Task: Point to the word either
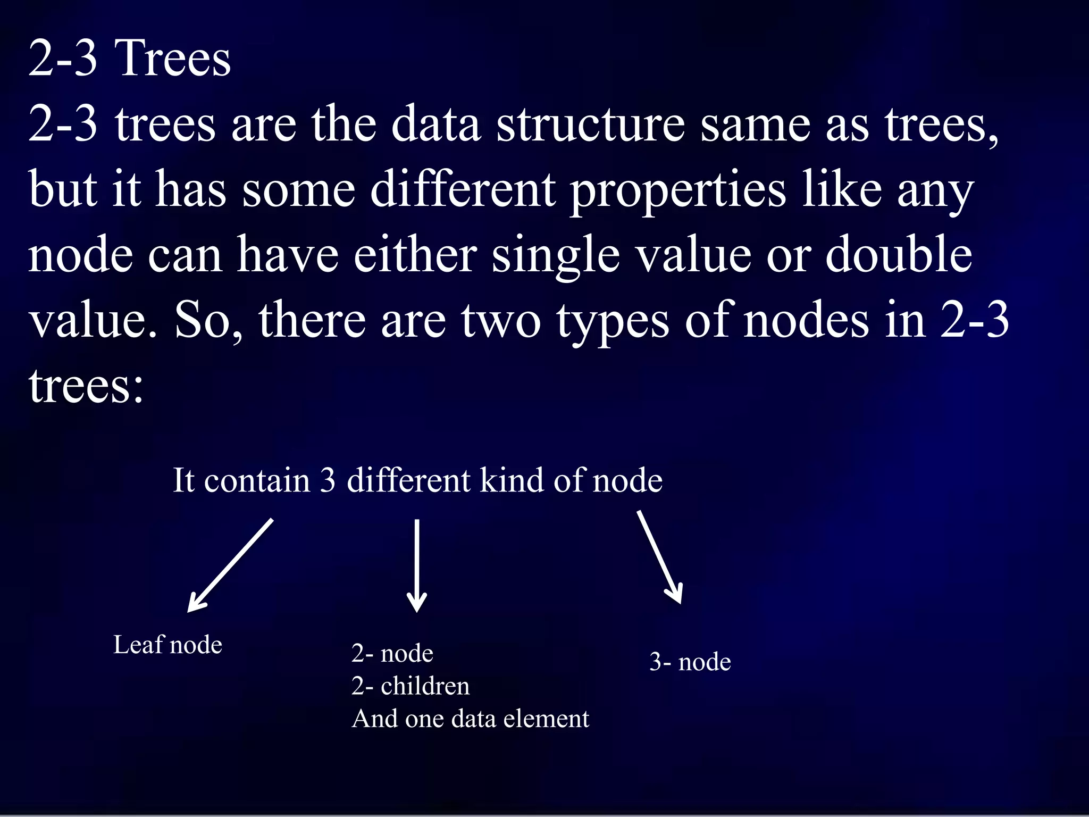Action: tap(415, 255)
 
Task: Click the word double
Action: tap(899, 255)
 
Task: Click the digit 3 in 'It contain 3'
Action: tap(328, 480)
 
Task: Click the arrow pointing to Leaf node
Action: tap(230, 565)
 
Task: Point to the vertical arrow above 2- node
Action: tap(417, 565)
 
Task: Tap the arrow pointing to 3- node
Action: tap(659, 557)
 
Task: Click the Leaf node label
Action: tap(167, 645)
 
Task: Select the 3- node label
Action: tap(690, 662)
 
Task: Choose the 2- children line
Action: tap(411, 686)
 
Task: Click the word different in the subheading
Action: tap(408, 480)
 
